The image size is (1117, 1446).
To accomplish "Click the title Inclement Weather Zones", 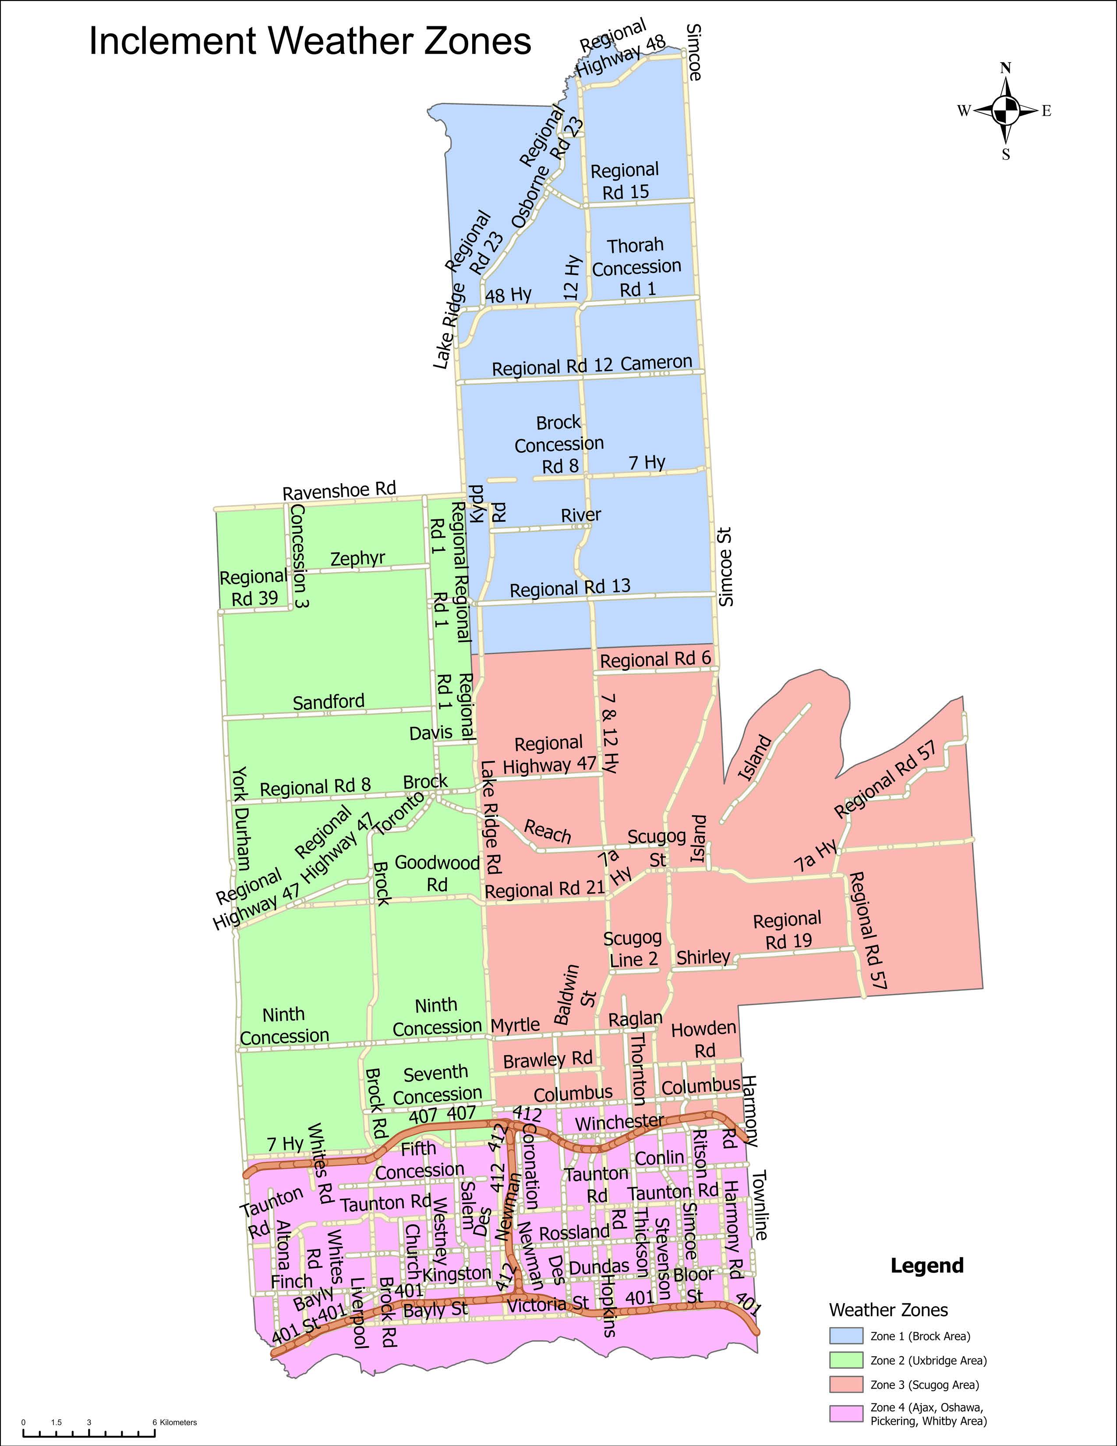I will (x=310, y=41).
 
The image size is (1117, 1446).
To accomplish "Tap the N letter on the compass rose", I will (x=1006, y=68).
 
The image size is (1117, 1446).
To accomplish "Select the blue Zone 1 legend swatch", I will (x=846, y=1336).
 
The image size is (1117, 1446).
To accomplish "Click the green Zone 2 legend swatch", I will (x=846, y=1361).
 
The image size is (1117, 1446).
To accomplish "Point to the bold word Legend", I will (x=926, y=1265).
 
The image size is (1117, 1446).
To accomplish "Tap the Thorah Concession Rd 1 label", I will (x=636, y=267).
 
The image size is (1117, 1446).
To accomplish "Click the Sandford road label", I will (x=329, y=702).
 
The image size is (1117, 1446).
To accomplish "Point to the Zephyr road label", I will (x=357, y=558).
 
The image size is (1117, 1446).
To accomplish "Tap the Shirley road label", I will (x=703, y=957).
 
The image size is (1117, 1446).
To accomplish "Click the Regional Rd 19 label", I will (x=787, y=929).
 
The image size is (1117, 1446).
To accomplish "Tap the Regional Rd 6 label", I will (x=655, y=659).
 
